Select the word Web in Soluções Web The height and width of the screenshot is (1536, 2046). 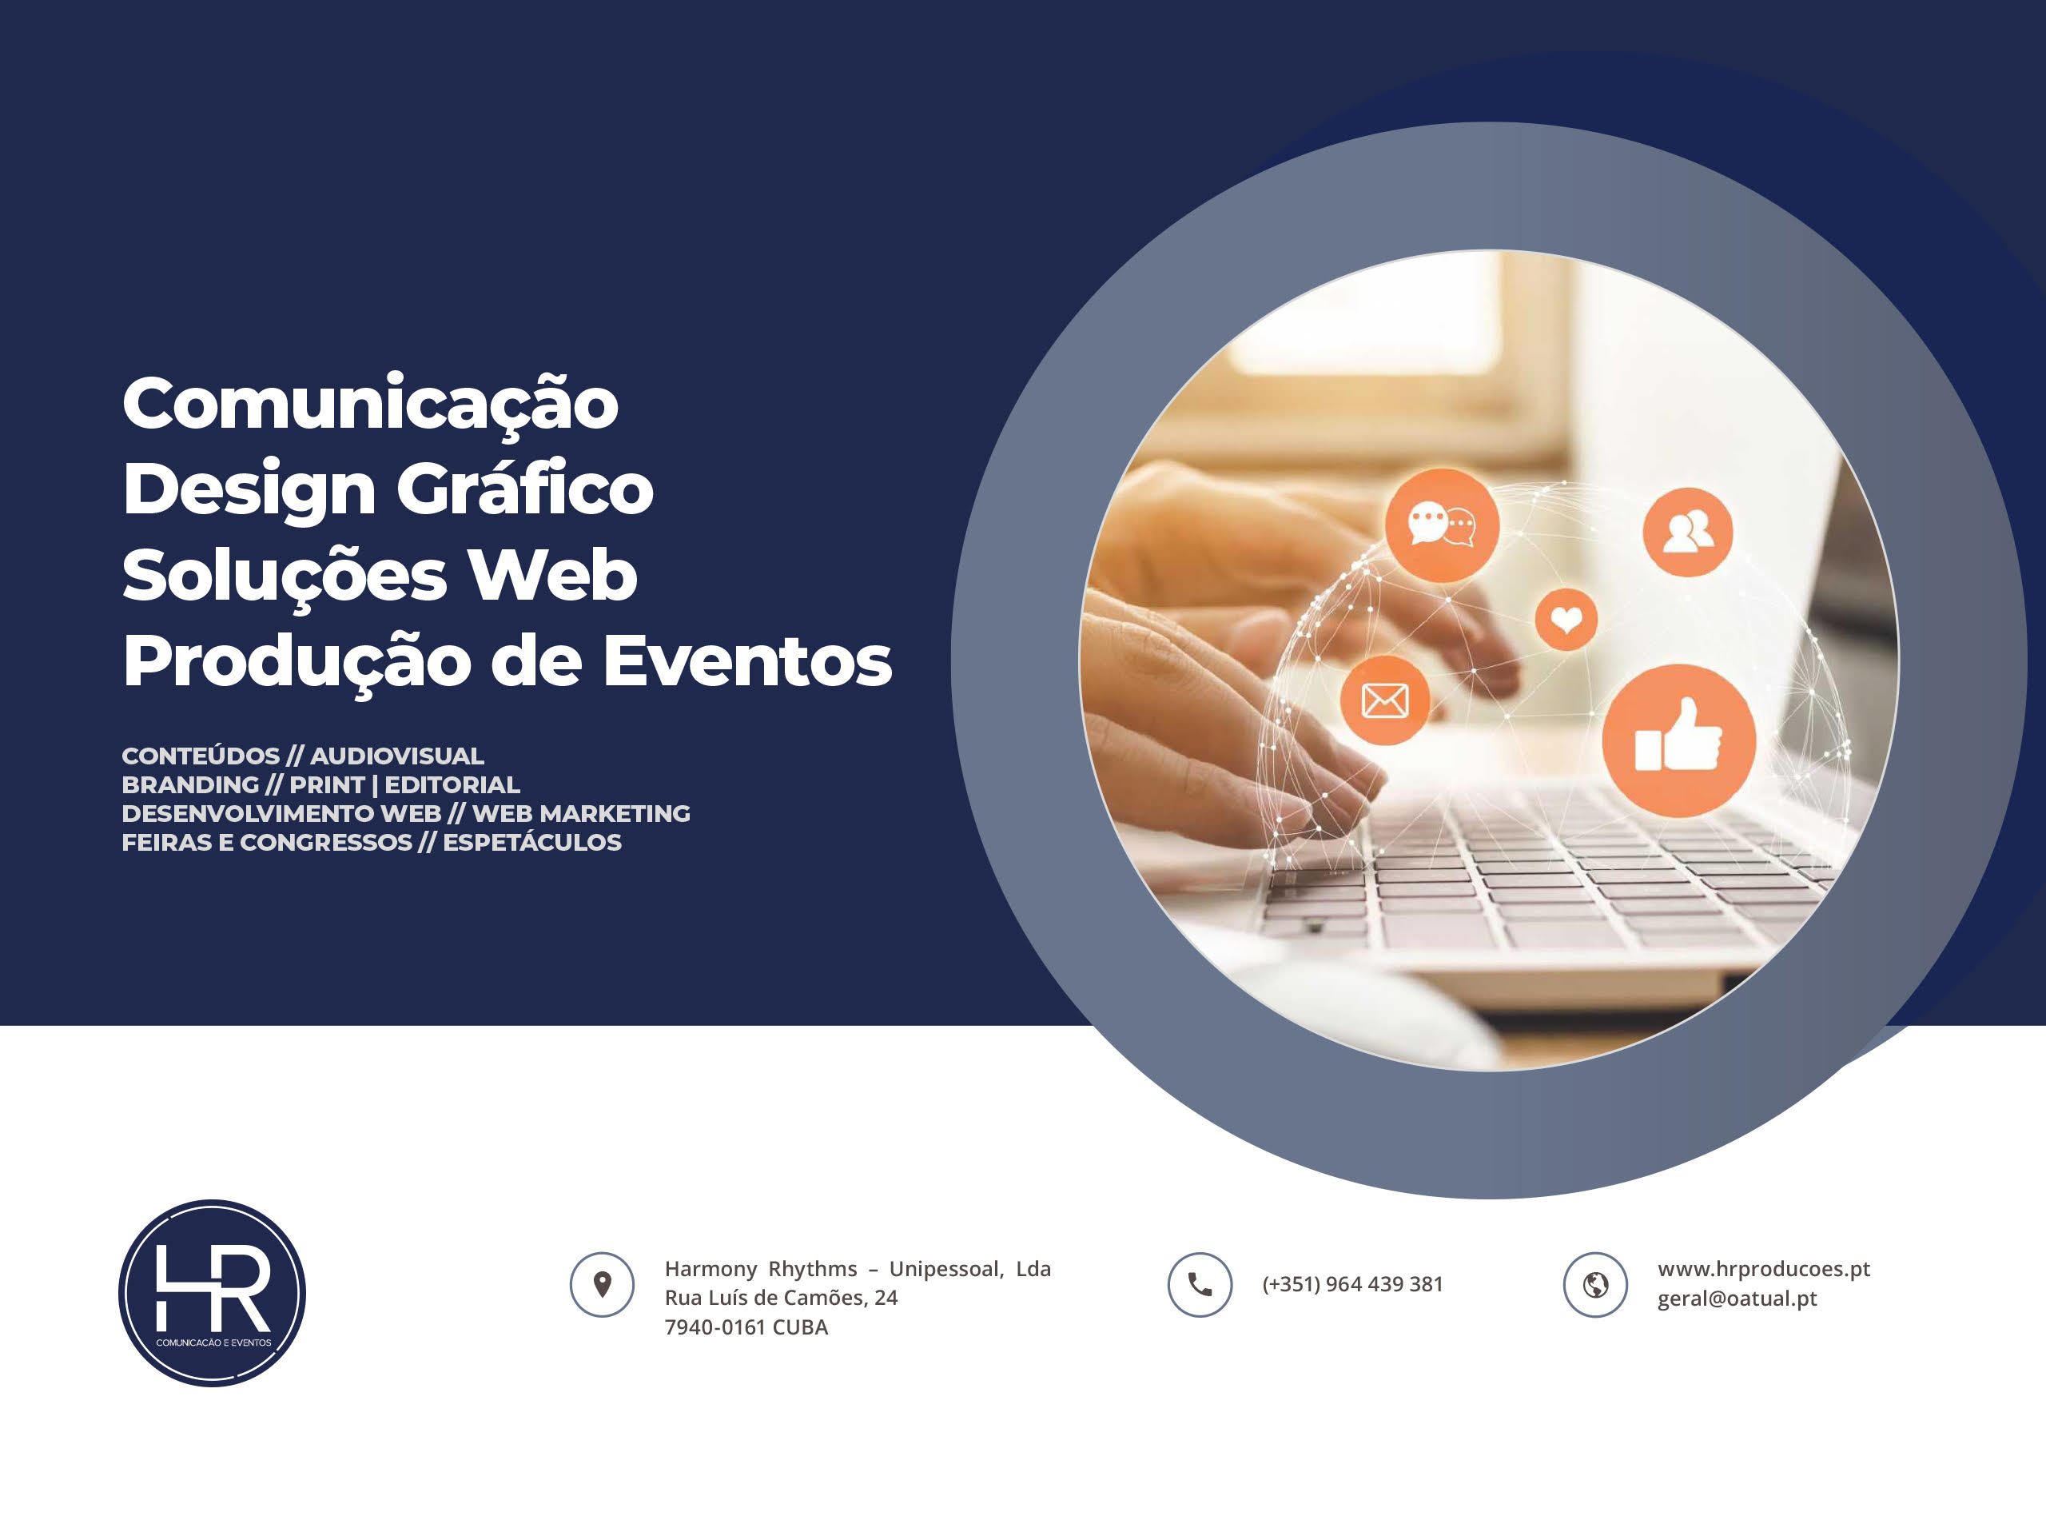(552, 575)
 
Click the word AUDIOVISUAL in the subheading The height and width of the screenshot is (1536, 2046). (396, 756)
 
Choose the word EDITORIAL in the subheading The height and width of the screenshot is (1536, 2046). (452, 784)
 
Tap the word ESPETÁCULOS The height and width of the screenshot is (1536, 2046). (531, 842)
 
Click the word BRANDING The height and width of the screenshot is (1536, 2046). (190, 784)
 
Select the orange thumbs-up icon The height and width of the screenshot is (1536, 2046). (1679, 740)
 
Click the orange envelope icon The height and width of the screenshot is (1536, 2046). (1385, 700)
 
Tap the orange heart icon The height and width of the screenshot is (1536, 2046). (1566, 619)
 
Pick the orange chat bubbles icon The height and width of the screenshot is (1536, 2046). (1442, 525)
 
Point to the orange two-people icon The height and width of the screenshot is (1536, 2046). (1687, 532)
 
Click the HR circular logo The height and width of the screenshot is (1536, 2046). (212, 1293)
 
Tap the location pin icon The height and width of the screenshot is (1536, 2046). (602, 1284)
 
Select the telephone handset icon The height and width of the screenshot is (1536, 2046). (1200, 1284)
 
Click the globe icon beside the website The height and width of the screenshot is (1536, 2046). (1595, 1284)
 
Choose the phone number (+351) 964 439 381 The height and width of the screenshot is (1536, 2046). (1352, 1284)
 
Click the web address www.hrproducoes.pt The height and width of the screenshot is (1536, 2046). (1764, 1270)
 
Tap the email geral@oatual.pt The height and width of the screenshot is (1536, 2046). (1737, 1299)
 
